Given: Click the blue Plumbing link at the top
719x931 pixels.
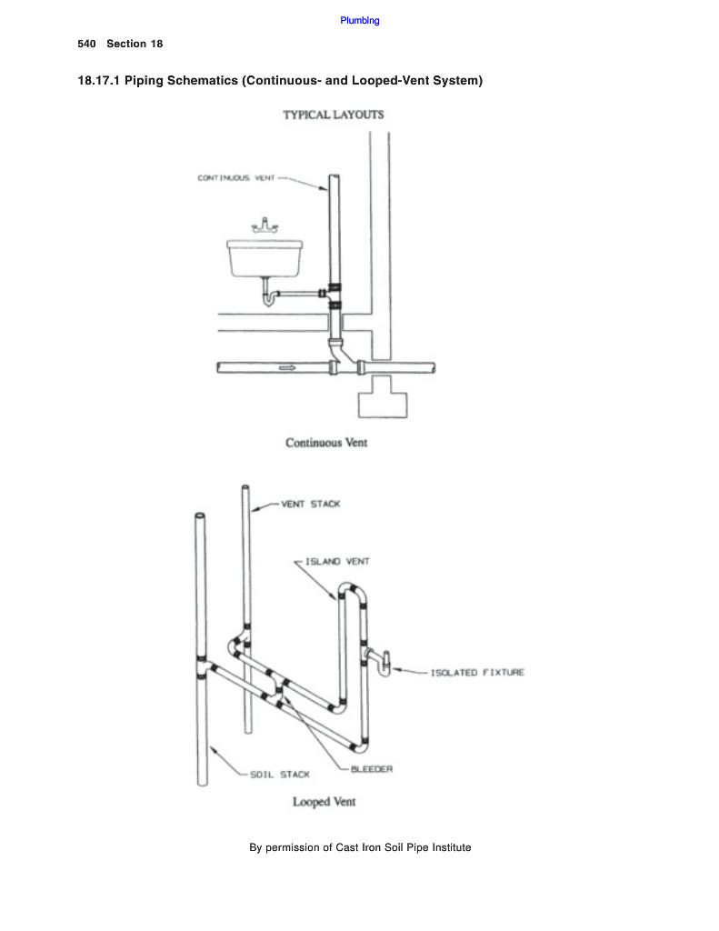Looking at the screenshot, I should pyautogui.click(x=360, y=20).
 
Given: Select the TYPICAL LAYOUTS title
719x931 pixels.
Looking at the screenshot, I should pyautogui.click(x=333, y=115).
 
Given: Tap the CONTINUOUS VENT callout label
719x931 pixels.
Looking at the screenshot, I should pyautogui.click(x=235, y=178).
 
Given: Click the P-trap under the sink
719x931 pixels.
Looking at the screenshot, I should pyautogui.click(x=270, y=296).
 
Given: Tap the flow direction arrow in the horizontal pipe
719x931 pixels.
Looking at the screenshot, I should pyautogui.click(x=287, y=367).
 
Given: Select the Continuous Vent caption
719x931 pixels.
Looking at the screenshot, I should pyautogui.click(x=326, y=443).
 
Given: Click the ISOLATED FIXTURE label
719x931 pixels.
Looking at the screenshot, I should pyautogui.click(x=477, y=673).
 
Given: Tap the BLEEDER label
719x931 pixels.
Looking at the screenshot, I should pyautogui.click(x=372, y=769).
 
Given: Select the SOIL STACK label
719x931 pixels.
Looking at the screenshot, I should pyautogui.click(x=281, y=775).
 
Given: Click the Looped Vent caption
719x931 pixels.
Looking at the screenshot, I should pyautogui.click(x=324, y=802).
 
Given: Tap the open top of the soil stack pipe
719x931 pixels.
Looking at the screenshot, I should pyautogui.click(x=201, y=516).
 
